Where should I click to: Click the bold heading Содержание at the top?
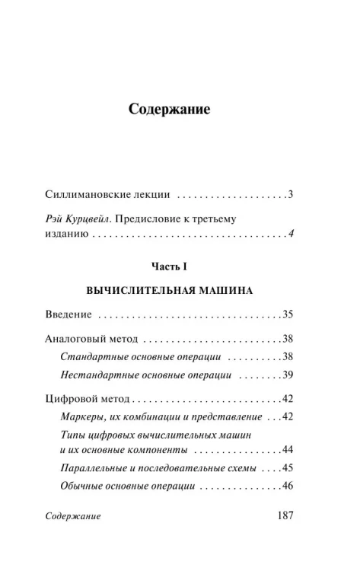169,108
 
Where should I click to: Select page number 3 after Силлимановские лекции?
291,194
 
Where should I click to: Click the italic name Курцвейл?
88,219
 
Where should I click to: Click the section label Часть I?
169,266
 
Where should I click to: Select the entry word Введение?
68,314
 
